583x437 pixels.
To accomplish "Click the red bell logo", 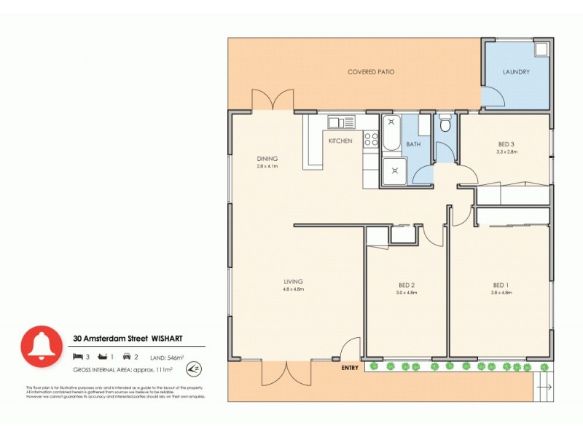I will pos(41,346).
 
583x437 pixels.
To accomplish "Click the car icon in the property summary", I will pos(127,357).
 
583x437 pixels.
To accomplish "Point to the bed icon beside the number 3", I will pos(78,357).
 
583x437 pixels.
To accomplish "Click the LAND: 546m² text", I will pos(168,358).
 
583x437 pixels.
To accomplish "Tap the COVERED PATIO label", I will pos(372,72).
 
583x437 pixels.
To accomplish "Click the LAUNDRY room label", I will pos(516,72).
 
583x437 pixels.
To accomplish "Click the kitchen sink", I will pos(340,122).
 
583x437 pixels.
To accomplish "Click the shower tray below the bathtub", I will pos(394,171).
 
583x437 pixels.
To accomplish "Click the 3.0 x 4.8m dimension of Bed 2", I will pos(407,292).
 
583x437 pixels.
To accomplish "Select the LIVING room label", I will pos(294,281).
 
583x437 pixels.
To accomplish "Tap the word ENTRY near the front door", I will pos(351,368).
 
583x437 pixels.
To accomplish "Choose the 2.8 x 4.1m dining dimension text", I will pos(267,166).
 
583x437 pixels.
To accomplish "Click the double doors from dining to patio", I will pos(273,100).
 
